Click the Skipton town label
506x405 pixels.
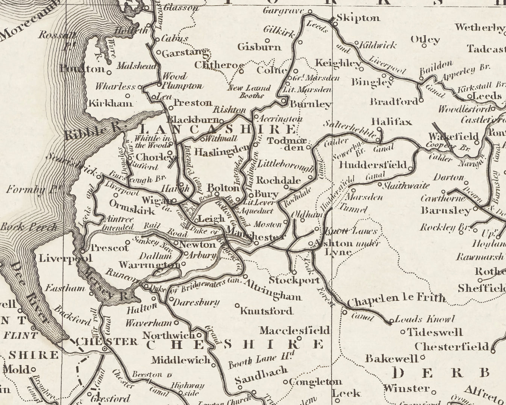(x=358, y=18)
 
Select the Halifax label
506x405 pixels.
(x=392, y=121)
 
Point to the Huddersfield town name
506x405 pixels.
(x=373, y=165)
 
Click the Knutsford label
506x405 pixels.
(x=266, y=311)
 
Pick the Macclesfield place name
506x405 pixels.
(x=294, y=331)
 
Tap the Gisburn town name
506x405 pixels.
(x=259, y=47)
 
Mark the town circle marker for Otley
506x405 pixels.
(x=424, y=46)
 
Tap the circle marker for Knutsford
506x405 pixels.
(x=237, y=305)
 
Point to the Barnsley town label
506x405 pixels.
(x=445, y=210)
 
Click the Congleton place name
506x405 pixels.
(x=316, y=382)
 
